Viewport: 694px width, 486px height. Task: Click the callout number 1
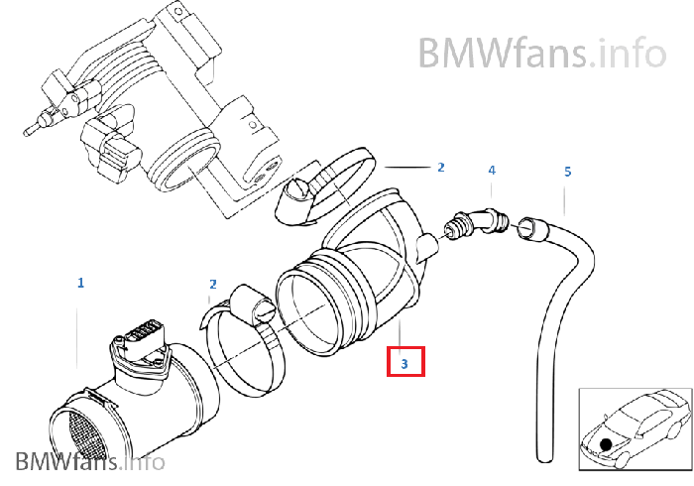(80, 283)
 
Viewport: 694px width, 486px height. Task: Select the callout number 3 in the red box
(405, 364)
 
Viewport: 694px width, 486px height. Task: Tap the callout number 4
(492, 170)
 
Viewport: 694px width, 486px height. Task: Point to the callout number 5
(568, 172)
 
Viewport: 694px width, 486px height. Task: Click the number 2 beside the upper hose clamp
(441, 168)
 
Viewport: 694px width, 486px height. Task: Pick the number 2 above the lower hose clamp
(213, 285)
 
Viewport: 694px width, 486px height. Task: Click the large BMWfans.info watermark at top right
(542, 53)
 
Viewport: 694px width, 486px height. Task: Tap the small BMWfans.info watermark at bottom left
(90, 461)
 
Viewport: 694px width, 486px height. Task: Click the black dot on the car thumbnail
(606, 444)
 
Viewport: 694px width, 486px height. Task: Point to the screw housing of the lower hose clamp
(254, 304)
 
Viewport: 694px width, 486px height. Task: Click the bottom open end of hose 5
(545, 457)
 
